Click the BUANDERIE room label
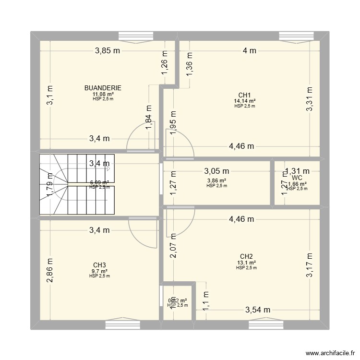[103, 88]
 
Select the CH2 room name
[246, 256]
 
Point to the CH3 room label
[100, 264]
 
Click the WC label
[297, 178]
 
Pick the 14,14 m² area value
[245, 101]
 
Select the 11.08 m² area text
[103, 94]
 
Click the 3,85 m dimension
[107, 51]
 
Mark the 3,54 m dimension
[257, 310]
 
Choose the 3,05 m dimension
[216, 171]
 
